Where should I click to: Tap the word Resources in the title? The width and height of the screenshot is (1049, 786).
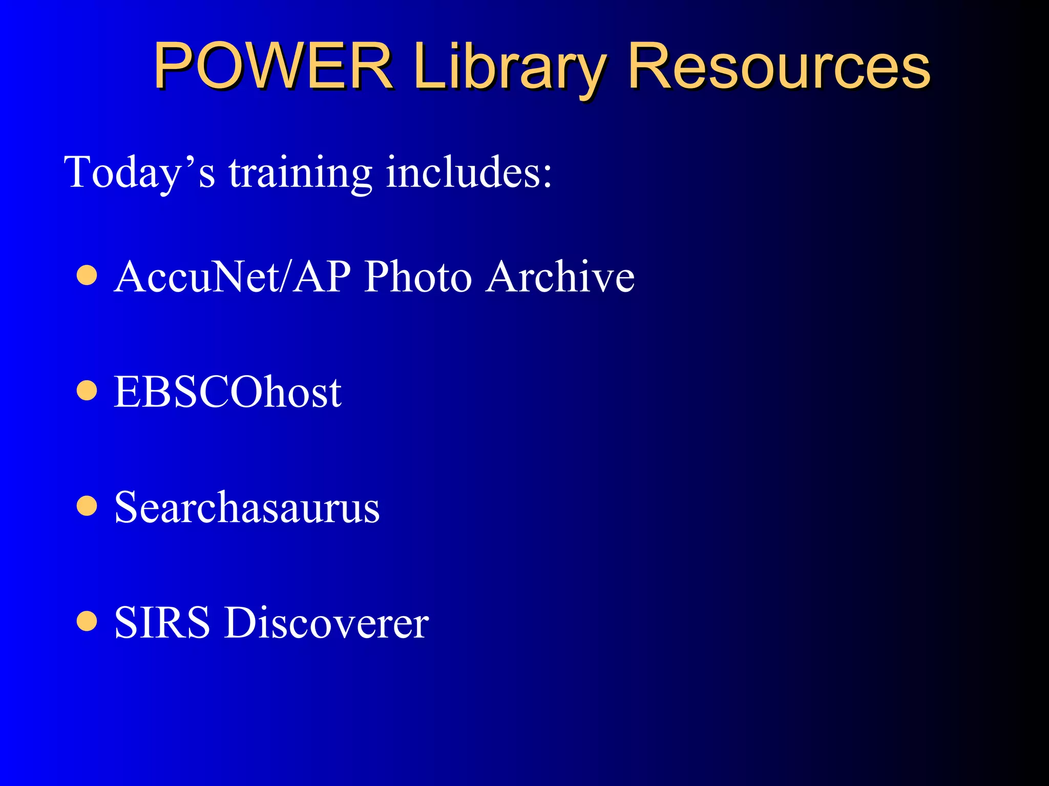click(x=779, y=67)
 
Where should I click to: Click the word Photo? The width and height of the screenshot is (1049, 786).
click(x=417, y=276)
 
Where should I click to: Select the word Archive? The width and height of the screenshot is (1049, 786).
click(x=561, y=276)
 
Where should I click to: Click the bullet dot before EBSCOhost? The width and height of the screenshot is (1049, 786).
click(x=87, y=391)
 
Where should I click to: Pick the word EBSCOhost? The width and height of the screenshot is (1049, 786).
click(x=227, y=392)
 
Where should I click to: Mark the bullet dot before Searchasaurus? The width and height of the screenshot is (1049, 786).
click(x=87, y=507)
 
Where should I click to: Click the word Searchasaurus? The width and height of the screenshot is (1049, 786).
click(x=247, y=508)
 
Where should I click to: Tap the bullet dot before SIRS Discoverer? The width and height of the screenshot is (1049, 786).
click(x=87, y=622)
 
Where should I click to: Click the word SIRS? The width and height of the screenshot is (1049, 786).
click(x=162, y=623)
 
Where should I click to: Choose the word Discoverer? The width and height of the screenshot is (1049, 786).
click(x=326, y=623)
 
